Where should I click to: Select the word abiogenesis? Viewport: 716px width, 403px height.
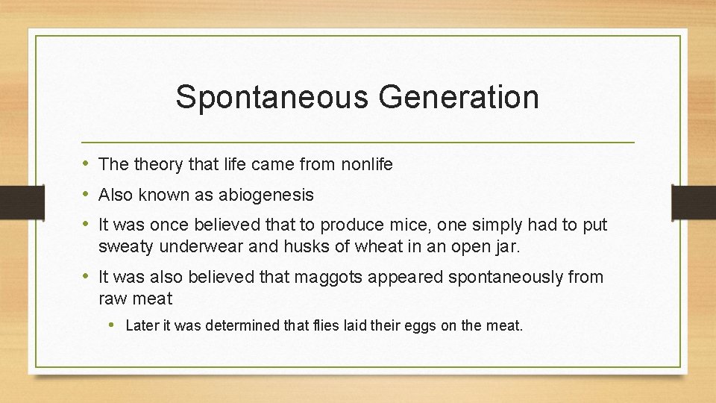pos(266,195)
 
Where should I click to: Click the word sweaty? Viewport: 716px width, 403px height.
pos(122,247)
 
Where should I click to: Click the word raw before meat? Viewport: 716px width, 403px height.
pos(112,299)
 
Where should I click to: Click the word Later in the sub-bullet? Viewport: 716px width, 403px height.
pos(142,325)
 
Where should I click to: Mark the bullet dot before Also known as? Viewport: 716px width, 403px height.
pos(87,195)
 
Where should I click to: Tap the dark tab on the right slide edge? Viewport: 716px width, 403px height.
pos(694,201)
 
